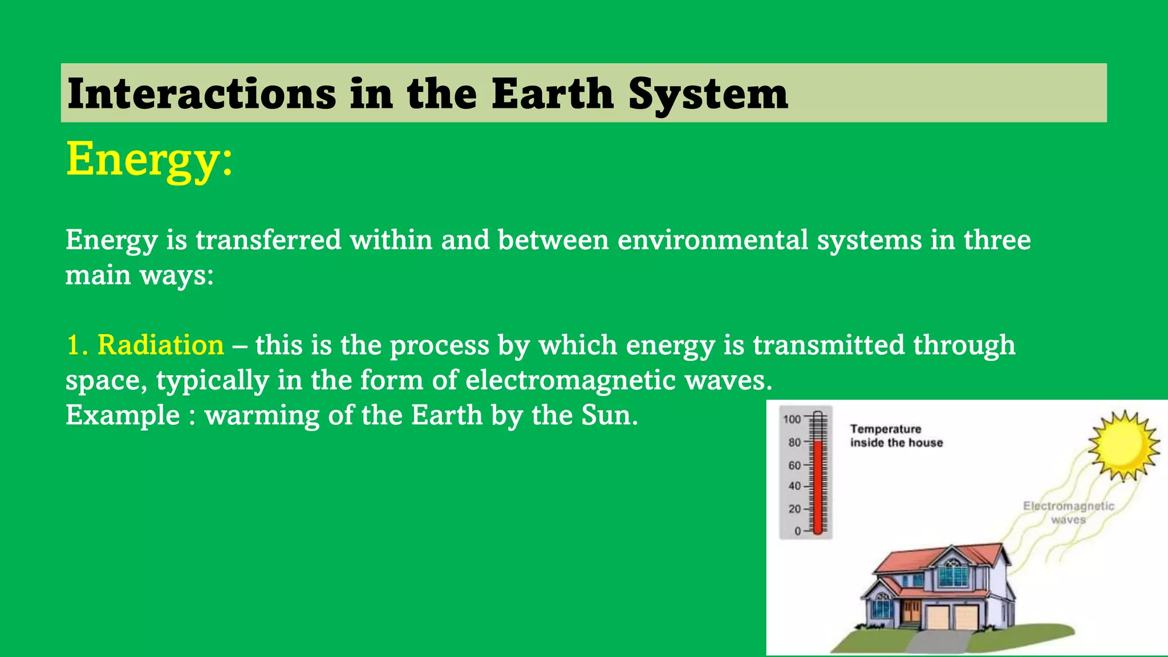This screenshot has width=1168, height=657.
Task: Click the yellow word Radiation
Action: tap(160, 346)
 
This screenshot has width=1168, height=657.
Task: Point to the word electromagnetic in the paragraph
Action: tap(570, 380)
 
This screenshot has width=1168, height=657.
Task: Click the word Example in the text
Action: tap(123, 415)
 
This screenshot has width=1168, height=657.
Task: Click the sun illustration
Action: tap(1123, 445)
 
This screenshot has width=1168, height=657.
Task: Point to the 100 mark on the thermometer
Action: tap(792, 420)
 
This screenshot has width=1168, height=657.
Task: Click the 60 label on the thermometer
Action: tap(794, 465)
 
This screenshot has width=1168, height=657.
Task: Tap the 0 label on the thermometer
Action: tap(798, 531)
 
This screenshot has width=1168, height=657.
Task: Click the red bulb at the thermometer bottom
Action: tap(818, 530)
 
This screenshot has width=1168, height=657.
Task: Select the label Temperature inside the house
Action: tap(896, 436)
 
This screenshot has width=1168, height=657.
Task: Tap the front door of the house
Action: tap(911, 611)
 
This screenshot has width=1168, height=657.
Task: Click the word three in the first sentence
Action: tap(997, 240)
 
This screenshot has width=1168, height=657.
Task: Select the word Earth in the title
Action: tap(552, 94)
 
